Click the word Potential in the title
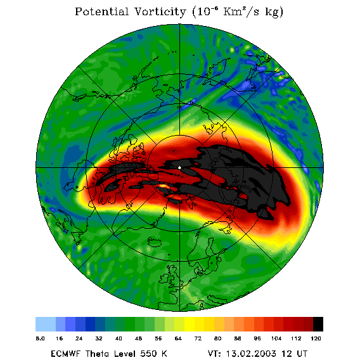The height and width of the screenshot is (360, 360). tap(101, 11)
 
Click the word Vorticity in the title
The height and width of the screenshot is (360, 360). tap(160, 11)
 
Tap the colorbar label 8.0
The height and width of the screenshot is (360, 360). tap(40, 338)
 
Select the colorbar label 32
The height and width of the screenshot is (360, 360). tap(99, 338)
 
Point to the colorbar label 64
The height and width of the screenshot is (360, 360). tap(178, 338)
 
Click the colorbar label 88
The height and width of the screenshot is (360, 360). tap(238, 338)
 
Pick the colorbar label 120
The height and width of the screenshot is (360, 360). tap(316, 338)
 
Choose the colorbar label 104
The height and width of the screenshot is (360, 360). tap(276, 338)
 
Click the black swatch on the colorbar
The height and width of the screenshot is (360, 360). tap(318, 324)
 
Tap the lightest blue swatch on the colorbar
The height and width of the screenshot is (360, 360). tap(46, 324)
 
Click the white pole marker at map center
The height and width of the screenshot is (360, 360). tap(179, 168)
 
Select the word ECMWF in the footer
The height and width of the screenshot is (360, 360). tap(66, 354)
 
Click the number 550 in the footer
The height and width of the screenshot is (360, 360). tap(148, 354)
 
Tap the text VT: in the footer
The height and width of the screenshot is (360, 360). tap(214, 354)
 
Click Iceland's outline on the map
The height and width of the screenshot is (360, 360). tap(157, 241)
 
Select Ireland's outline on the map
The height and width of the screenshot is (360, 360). tap(164, 278)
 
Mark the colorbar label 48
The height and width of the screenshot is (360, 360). tap(138, 338)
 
